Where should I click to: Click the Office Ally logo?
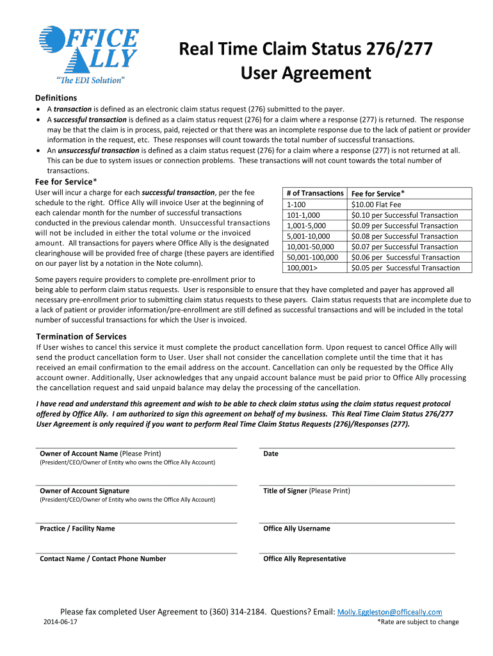pos(88,54)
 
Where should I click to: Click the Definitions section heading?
pos(55,98)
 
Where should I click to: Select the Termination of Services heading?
pos(81,336)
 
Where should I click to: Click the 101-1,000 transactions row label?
pos(303,215)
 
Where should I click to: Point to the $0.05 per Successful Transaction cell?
pos(405,268)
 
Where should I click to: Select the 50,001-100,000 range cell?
pos(312,257)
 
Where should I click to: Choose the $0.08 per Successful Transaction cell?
pos(405,236)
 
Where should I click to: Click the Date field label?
pos(271,454)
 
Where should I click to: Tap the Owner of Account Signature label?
pos(85,491)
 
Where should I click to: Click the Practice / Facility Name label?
pos(77,529)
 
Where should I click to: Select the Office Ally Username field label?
pos(296,529)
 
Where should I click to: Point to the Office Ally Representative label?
pos(304,559)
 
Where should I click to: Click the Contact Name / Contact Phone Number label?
pos(102,559)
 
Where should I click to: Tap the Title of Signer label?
pos(307,491)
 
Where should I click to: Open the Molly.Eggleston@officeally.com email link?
pos(389,612)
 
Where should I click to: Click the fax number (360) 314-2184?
pos(238,612)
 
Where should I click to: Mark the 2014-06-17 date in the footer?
pos(60,622)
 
